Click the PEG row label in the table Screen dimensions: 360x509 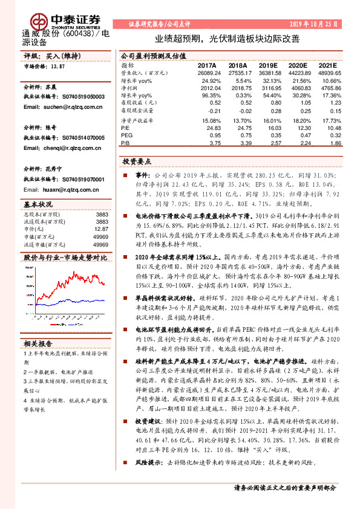(126, 136)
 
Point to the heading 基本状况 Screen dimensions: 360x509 (38, 204)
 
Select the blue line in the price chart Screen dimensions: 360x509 (73, 300)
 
